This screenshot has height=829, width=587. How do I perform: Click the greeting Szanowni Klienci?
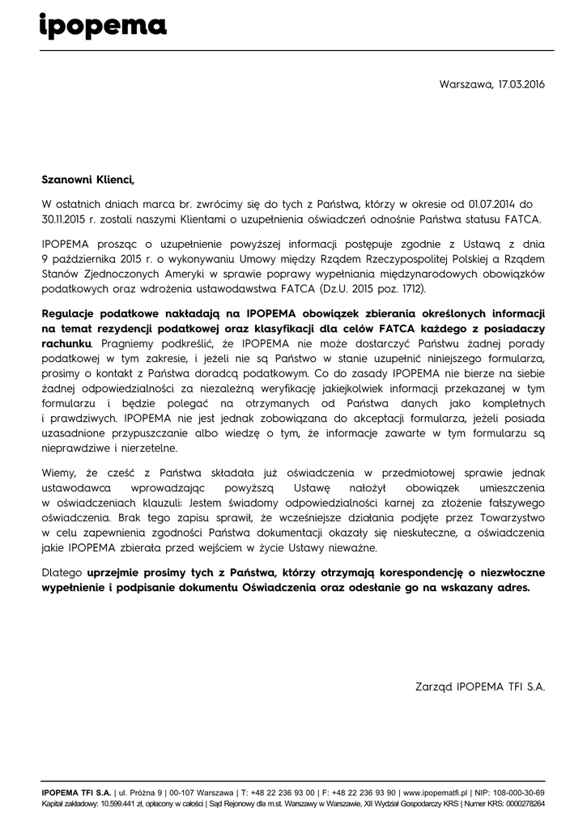(86, 180)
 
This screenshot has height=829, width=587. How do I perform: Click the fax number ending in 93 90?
(363, 792)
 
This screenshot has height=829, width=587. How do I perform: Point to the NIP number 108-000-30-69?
(517, 792)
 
